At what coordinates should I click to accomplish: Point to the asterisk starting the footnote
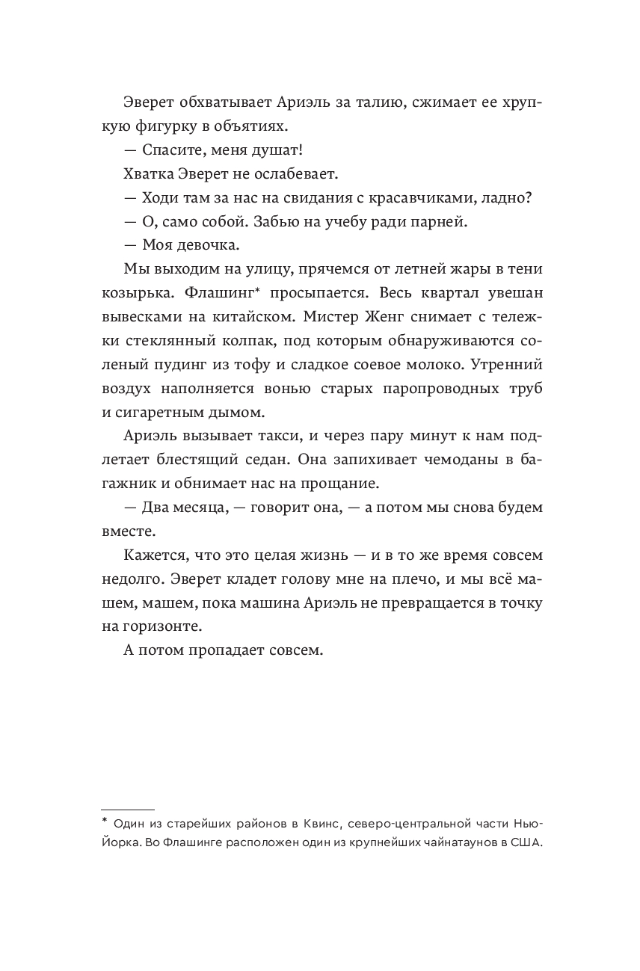[x=105, y=822]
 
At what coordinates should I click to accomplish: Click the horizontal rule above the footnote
[x=127, y=809]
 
